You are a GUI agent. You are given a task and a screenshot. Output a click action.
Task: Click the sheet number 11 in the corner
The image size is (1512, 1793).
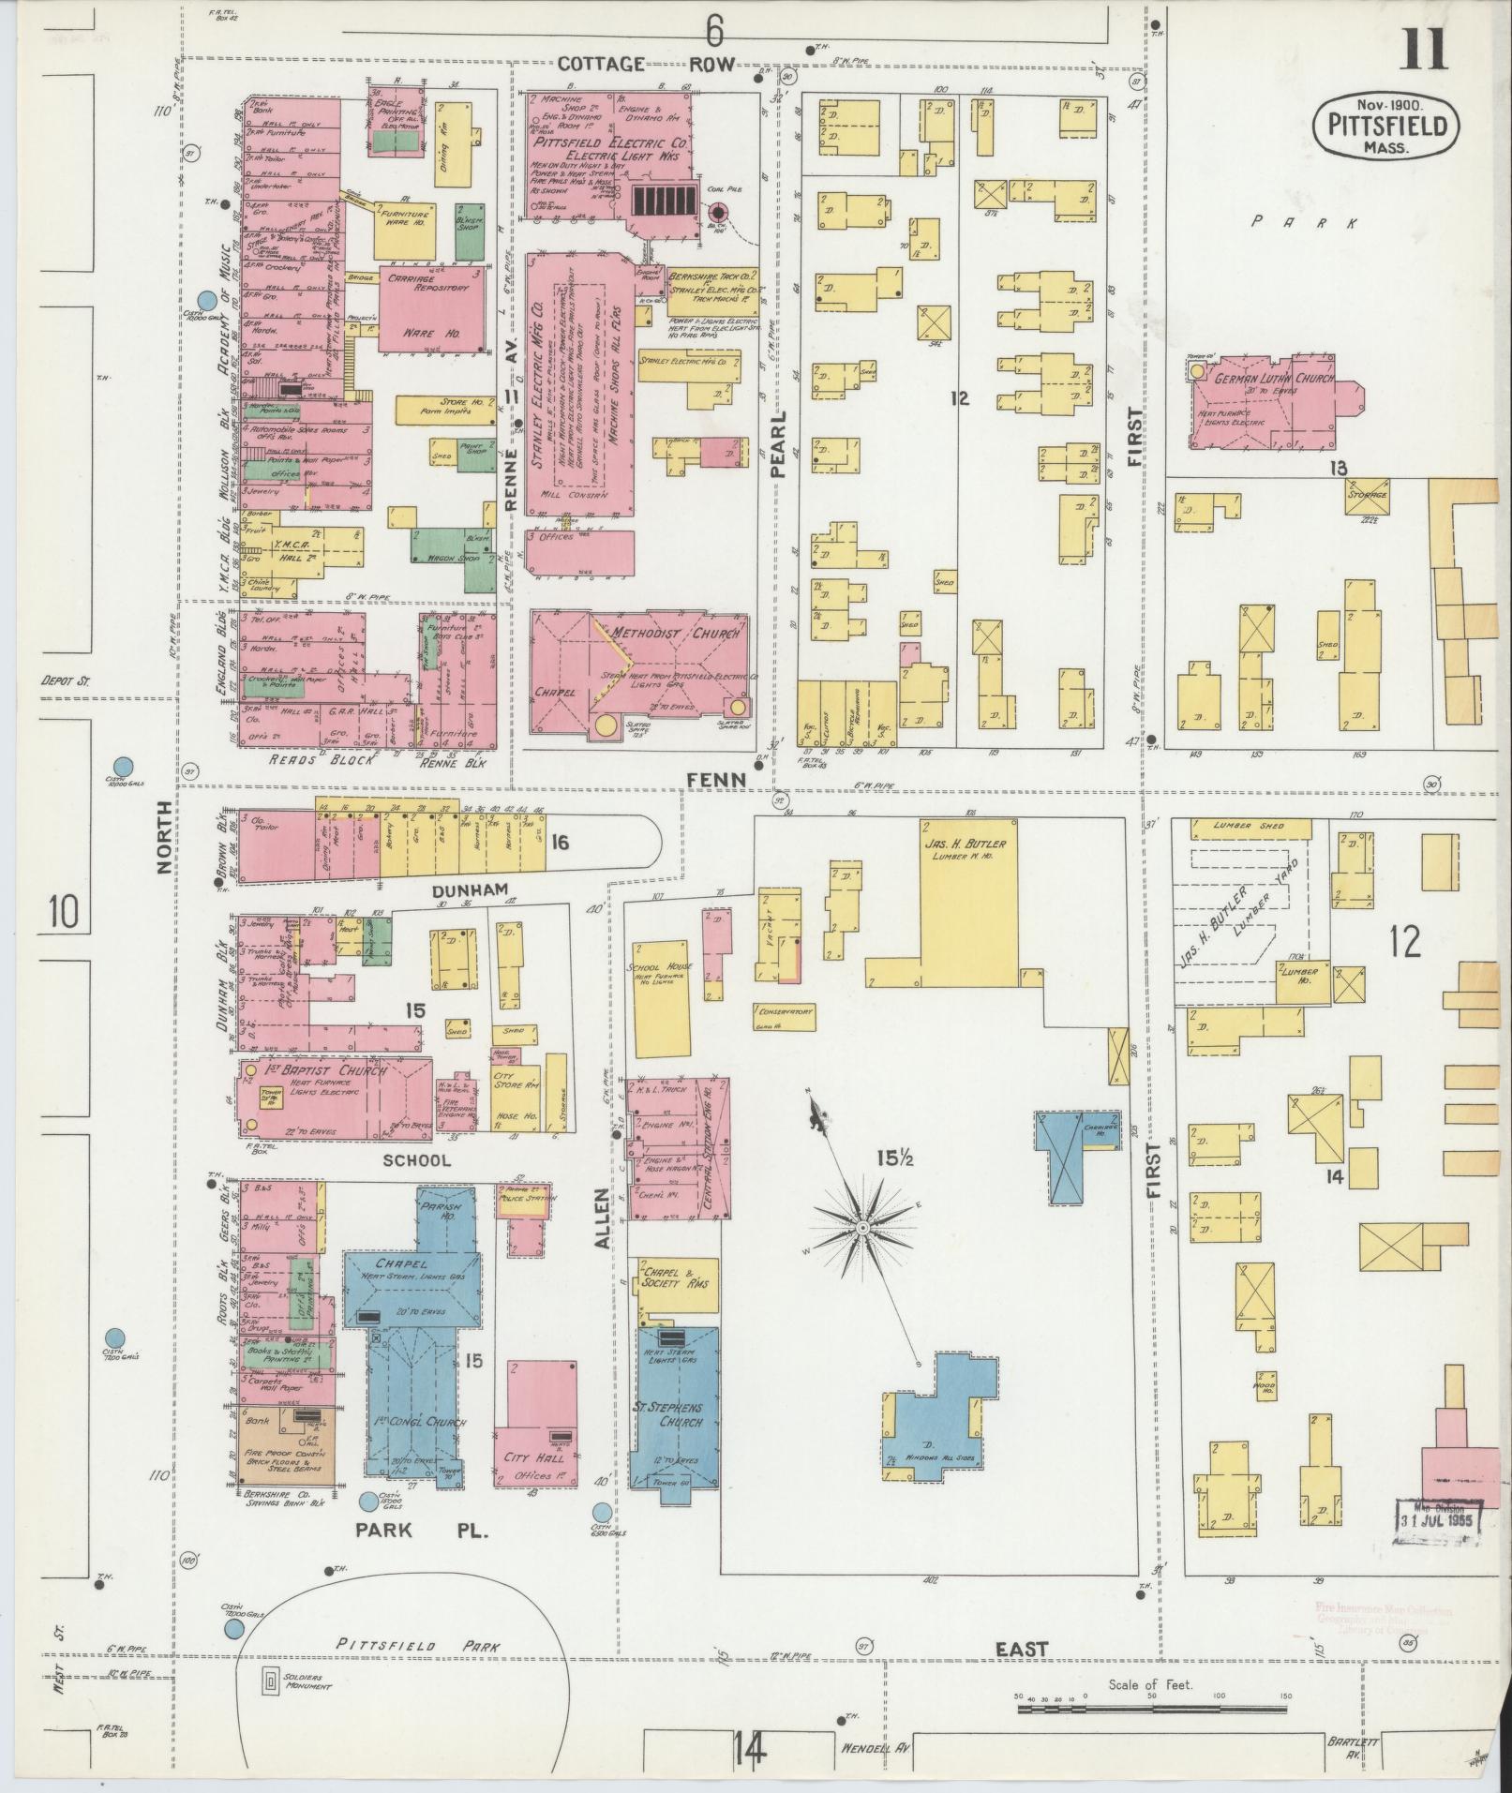pyautogui.click(x=1425, y=49)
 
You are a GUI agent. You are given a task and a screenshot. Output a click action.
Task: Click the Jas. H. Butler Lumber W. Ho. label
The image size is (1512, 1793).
pyautogui.click(x=965, y=849)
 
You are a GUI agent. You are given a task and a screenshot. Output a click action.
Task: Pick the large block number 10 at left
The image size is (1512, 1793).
pyautogui.click(x=64, y=911)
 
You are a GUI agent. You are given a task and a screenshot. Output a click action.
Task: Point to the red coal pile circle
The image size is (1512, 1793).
pyautogui.click(x=719, y=212)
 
